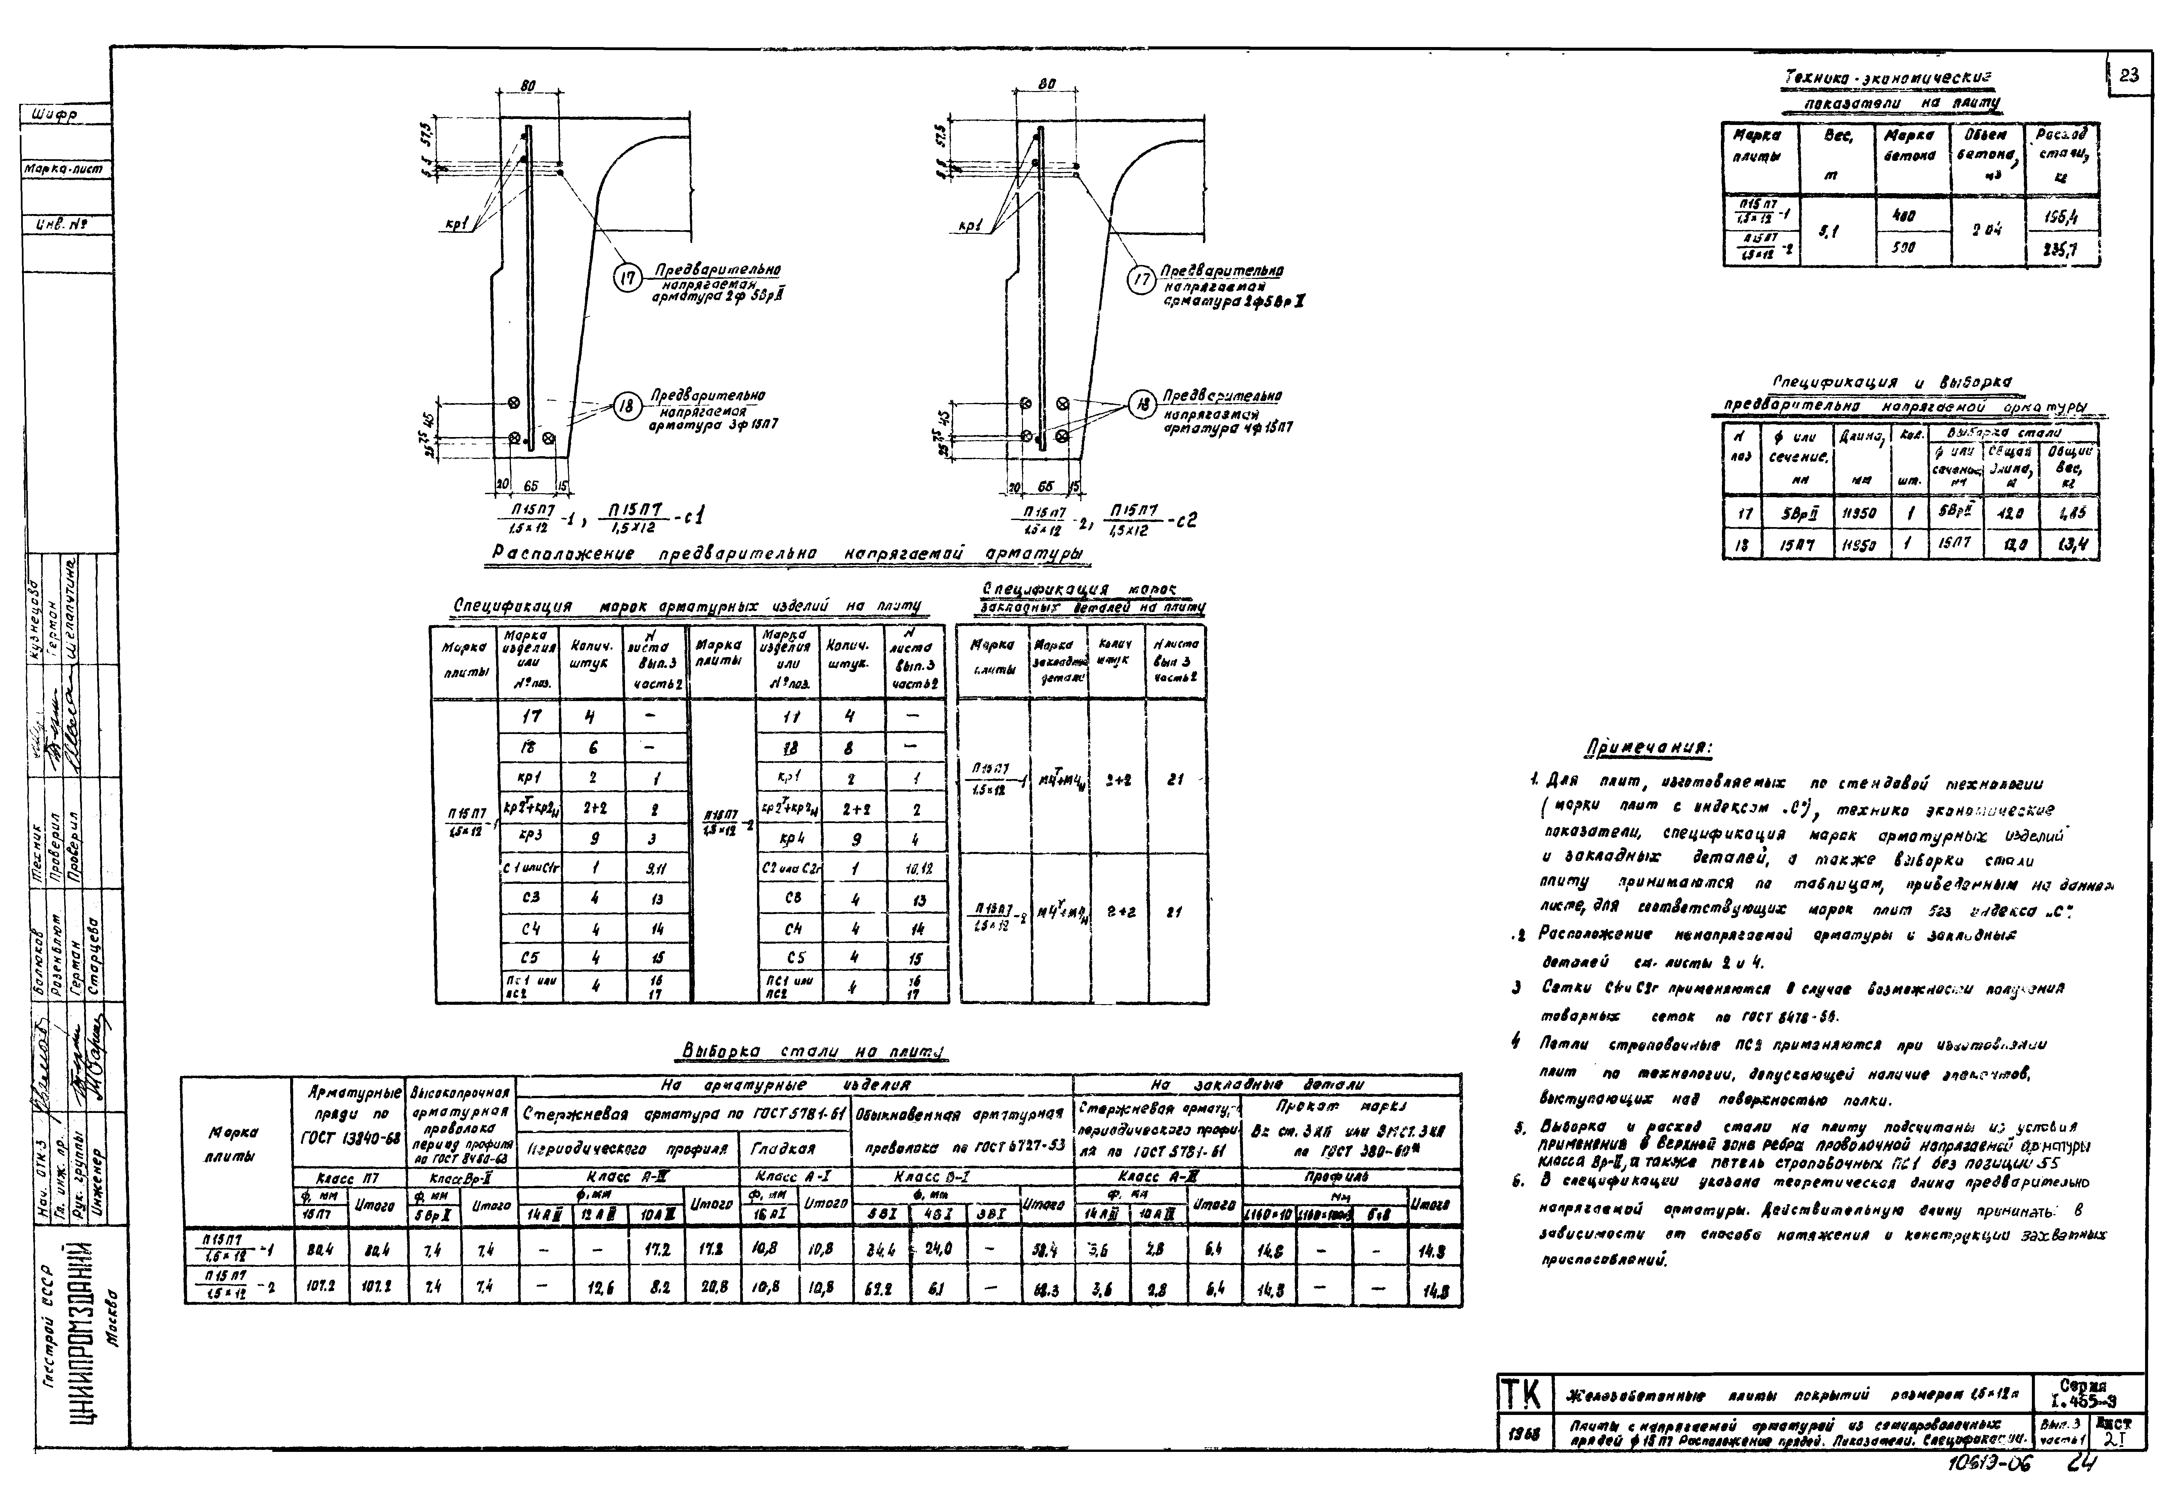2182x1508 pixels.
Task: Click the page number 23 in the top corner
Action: click(x=2129, y=76)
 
